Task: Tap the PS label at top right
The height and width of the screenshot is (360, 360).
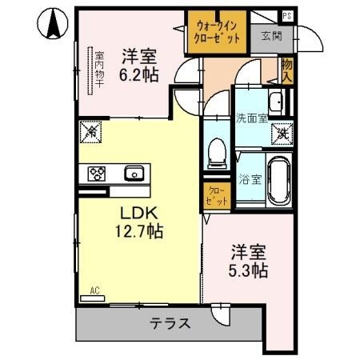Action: [286, 14]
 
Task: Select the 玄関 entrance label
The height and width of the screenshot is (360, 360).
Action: [271, 34]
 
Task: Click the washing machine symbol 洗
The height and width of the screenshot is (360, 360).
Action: [282, 134]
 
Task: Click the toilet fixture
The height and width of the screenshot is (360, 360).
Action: [214, 151]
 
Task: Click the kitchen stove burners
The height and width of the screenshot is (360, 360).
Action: [98, 172]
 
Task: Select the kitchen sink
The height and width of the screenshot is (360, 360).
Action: [134, 172]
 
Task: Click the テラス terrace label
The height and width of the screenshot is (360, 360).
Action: [169, 324]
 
